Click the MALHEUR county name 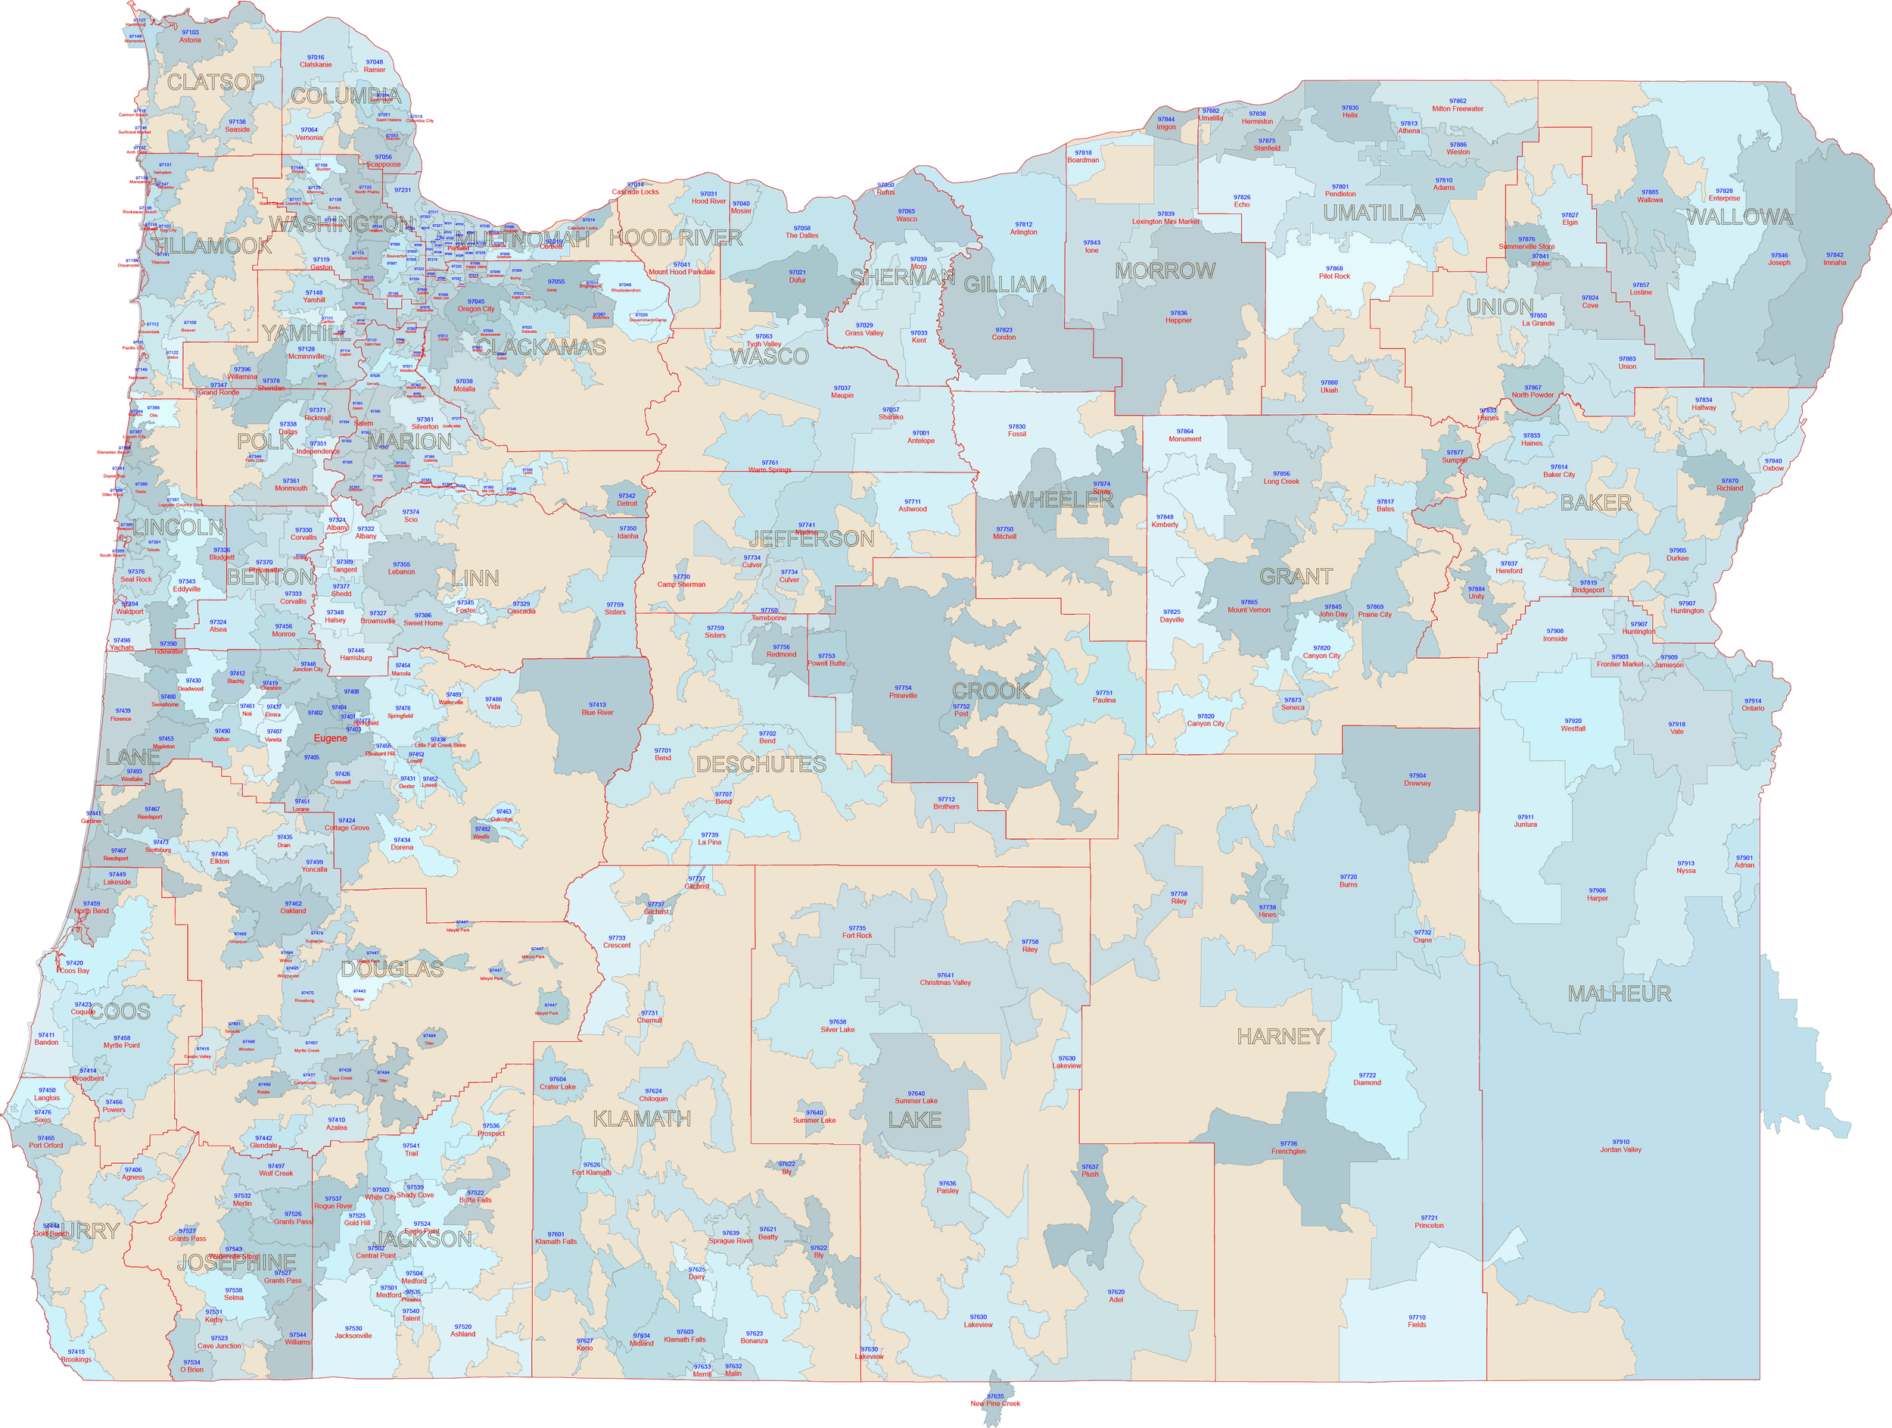point(1619,993)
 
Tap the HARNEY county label point(1281,1036)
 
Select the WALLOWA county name point(1739,217)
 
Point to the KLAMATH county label point(642,1118)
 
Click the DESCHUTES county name point(761,764)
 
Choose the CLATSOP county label point(215,82)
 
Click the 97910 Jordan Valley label point(1620,1146)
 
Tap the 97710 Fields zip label point(1417,1321)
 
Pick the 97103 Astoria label point(190,36)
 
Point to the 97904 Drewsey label point(1417,779)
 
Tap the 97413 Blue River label point(597,709)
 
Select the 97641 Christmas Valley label point(944,979)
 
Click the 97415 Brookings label point(76,1355)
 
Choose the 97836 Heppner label point(1178,316)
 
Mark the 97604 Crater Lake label point(557,1083)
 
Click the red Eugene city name point(330,738)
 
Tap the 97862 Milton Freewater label point(1458,104)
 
